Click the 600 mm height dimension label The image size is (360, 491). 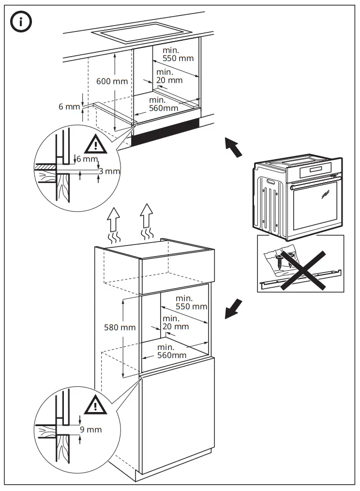pos(112,81)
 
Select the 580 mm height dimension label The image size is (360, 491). pos(120,327)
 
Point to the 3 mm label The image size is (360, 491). pos(109,171)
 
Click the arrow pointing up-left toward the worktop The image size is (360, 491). pos(233,147)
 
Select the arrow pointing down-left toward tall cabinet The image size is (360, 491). pos(233,309)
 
